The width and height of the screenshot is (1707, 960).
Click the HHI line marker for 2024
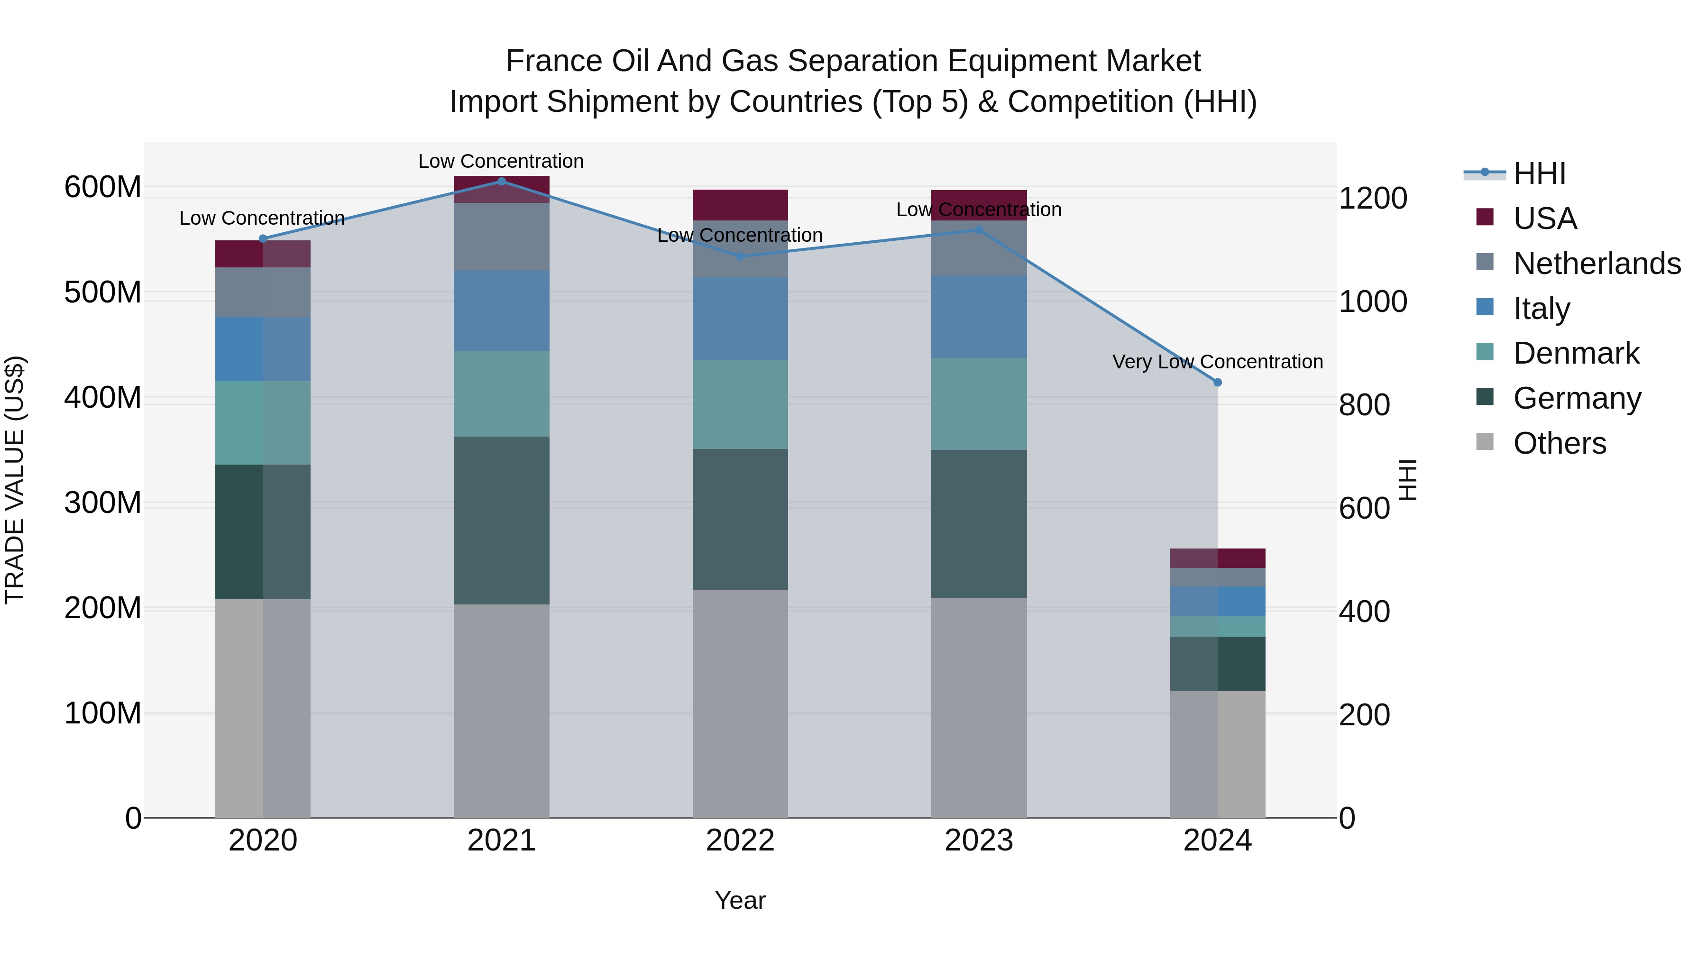pyautogui.click(x=1217, y=382)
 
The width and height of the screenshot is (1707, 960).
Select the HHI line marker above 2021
pyautogui.click(x=502, y=181)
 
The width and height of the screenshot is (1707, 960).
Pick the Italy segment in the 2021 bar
pyautogui.click(x=502, y=310)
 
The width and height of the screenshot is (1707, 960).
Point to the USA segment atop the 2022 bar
pyautogui.click(x=740, y=205)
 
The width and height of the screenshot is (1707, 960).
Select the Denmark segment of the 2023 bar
pyautogui.click(x=979, y=403)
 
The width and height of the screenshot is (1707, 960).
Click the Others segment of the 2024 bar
pyautogui.click(x=1217, y=754)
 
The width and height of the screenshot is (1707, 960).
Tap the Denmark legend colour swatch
pyautogui.click(x=1485, y=352)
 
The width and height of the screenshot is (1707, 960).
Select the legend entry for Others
pyautogui.click(x=1559, y=443)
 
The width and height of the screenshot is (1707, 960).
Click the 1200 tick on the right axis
pyautogui.click(x=1372, y=198)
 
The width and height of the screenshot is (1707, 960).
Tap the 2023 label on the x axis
pyautogui.click(x=979, y=841)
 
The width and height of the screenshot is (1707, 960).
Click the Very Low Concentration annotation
pyautogui.click(x=1217, y=362)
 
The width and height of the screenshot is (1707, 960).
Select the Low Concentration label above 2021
pyautogui.click(x=501, y=161)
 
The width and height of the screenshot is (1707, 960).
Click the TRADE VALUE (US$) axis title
pyautogui.click(x=15, y=480)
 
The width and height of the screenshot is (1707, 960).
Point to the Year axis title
pyautogui.click(x=740, y=900)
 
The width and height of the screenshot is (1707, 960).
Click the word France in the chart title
pyautogui.click(x=554, y=61)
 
